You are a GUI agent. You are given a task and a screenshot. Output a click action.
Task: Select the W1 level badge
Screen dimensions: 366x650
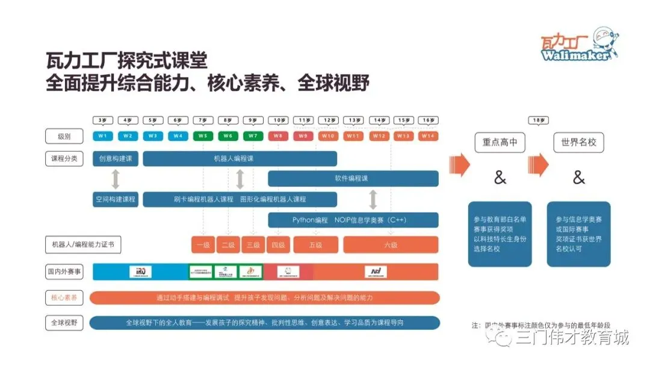tap(102, 136)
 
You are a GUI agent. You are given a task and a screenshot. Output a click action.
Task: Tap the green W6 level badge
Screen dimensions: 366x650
tap(227, 136)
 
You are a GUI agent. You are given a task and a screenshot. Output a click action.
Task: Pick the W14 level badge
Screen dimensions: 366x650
tap(428, 136)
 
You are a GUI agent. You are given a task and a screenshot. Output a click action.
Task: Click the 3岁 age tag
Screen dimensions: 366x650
tap(102, 120)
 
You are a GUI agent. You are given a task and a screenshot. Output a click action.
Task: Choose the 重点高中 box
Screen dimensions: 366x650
tap(500, 143)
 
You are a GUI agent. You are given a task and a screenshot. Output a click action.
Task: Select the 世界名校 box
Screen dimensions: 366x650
tap(578, 143)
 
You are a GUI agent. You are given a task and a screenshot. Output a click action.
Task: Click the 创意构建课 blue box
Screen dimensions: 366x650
tap(116, 158)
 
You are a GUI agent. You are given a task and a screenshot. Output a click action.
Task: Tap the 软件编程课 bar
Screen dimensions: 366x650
tap(353, 178)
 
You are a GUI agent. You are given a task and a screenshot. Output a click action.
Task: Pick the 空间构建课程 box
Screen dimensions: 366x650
tap(116, 199)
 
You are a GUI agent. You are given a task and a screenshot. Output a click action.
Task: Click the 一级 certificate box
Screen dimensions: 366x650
tap(202, 245)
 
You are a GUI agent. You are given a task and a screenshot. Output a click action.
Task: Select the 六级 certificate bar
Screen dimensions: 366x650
tap(391, 245)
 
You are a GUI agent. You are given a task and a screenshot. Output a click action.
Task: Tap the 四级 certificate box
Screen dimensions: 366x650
tap(277, 245)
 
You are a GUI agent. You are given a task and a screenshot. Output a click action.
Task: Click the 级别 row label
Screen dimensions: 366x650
tap(64, 137)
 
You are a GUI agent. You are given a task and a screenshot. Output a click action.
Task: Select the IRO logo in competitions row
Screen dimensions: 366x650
tap(140, 271)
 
